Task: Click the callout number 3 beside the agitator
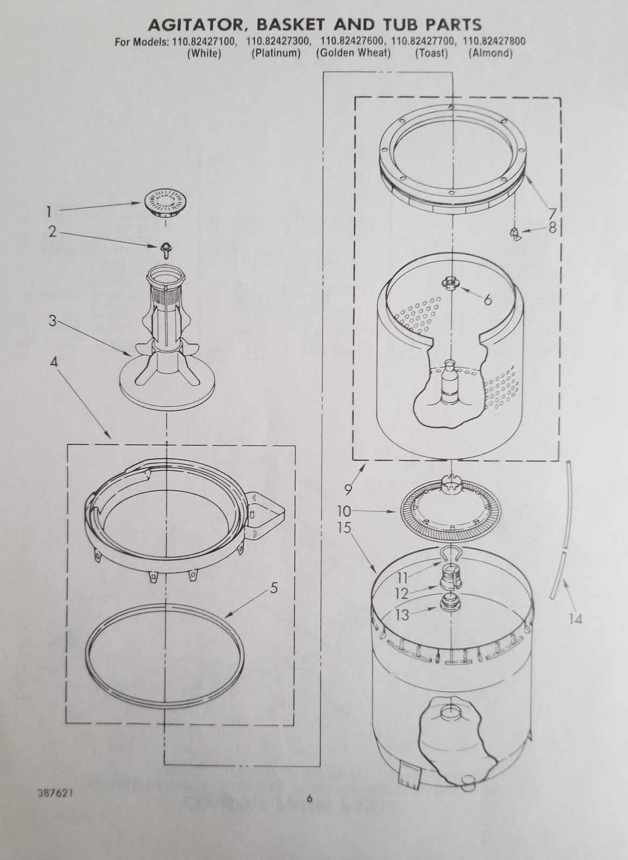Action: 52,321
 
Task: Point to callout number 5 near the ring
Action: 273,588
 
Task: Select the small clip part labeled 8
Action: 514,233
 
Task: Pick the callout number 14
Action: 575,619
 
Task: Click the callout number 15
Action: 344,528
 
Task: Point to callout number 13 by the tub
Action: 402,614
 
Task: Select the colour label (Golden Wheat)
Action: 353,53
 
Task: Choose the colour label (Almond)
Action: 490,53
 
